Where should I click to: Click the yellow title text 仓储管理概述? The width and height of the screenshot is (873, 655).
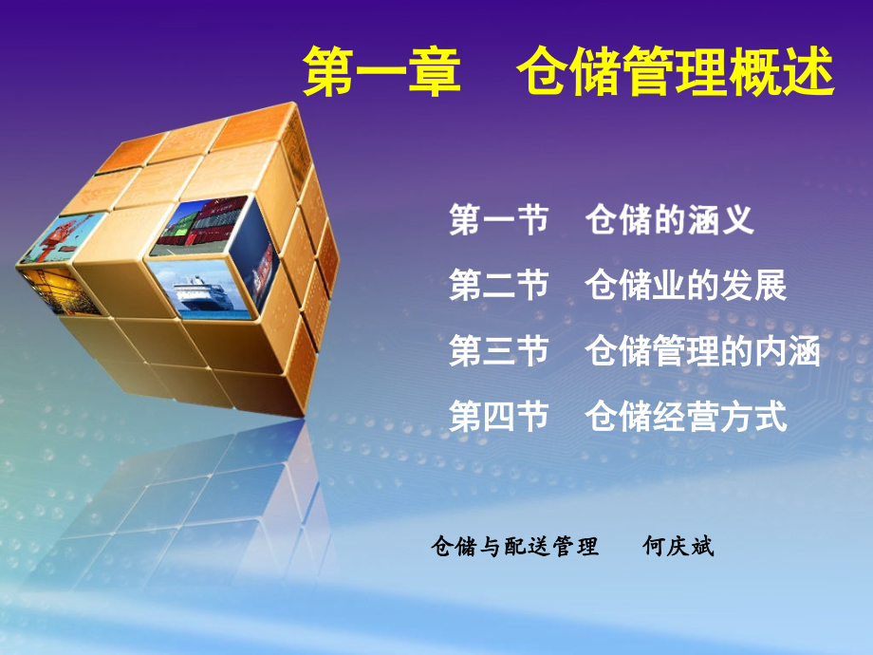676,73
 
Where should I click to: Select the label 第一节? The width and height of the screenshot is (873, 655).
499,220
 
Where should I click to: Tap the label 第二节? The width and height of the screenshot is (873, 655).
499,286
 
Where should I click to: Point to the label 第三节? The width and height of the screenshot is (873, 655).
499,351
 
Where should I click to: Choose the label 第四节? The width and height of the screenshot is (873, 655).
499,417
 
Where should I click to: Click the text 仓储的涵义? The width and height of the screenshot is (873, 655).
670,220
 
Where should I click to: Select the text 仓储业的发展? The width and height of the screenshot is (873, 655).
686,286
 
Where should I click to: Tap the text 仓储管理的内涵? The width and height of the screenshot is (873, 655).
703,351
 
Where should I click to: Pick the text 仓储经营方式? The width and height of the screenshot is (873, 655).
686,417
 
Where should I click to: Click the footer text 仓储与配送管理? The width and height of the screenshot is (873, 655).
514,547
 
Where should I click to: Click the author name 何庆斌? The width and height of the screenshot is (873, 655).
678,547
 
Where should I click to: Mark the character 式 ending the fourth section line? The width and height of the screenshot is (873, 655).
771,417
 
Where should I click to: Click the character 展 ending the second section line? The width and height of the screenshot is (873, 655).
771,286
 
